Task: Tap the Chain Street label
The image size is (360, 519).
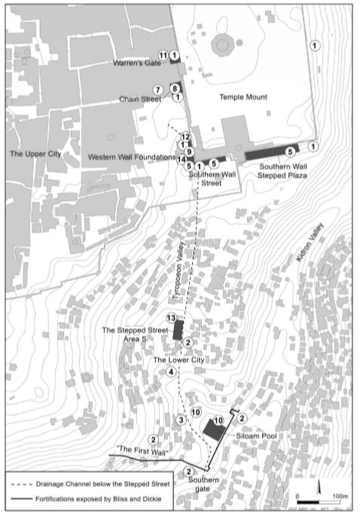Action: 140,98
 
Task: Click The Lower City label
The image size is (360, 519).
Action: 178,361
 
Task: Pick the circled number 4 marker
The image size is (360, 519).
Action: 171,372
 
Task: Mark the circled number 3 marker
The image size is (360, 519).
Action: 180,419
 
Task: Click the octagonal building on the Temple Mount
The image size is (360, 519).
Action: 222,45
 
